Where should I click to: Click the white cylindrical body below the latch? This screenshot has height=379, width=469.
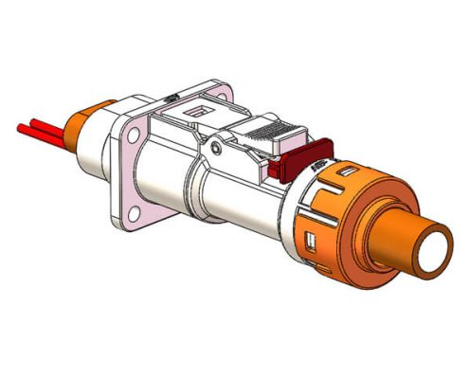227,204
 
